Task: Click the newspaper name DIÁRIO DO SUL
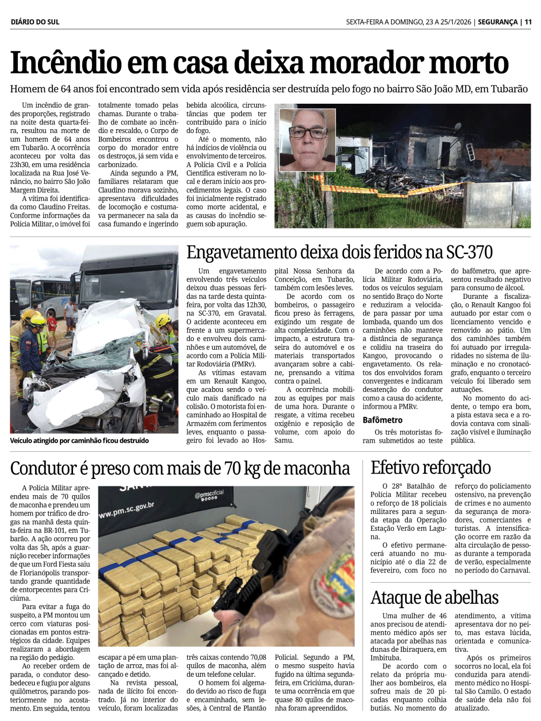coord(35,22)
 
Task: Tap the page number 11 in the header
coord(528,22)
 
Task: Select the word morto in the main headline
coord(467,63)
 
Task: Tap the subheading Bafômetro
coord(382,420)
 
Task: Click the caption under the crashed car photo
coord(80,440)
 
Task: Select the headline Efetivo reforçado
coord(431,468)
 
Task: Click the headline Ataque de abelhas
coord(434,597)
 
